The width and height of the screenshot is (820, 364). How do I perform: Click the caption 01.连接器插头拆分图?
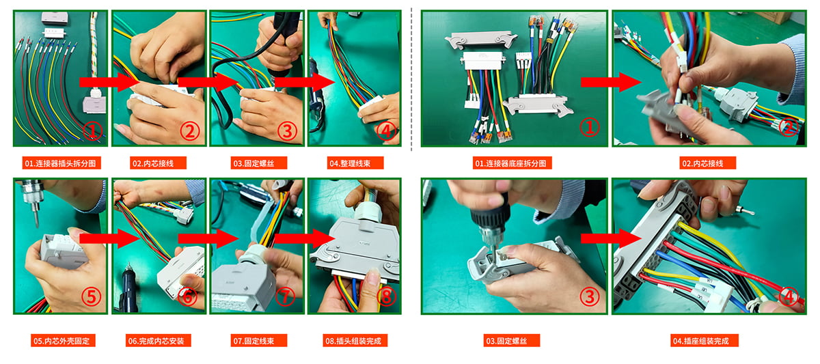point(61,163)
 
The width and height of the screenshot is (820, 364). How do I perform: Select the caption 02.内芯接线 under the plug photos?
point(158,163)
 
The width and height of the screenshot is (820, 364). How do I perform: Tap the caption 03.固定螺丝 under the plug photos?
point(259,163)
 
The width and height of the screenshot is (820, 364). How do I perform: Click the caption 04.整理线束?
point(355,163)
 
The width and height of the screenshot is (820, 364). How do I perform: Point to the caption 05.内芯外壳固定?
point(63,341)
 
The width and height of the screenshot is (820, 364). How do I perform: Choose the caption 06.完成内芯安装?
point(158,341)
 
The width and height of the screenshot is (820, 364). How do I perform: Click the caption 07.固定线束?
point(259,341)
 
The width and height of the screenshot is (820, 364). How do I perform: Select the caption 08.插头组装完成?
point(355,341)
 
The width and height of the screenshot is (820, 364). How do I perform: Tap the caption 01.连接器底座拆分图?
point(512,163)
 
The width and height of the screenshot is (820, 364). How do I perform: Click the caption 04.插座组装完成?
point(705,341)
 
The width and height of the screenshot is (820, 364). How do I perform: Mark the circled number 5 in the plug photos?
point(91,296)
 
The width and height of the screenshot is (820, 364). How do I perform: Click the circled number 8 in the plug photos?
point(386,296)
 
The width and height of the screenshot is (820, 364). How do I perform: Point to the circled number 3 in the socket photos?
point(589,296)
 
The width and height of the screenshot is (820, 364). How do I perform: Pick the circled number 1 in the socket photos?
point(589,127)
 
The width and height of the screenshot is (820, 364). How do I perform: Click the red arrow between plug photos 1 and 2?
point(109,83)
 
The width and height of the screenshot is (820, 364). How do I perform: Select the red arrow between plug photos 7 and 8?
point(305,238)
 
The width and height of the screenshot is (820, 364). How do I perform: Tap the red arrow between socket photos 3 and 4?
point(612,238)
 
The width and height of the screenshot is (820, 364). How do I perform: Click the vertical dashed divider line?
point(411,79)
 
